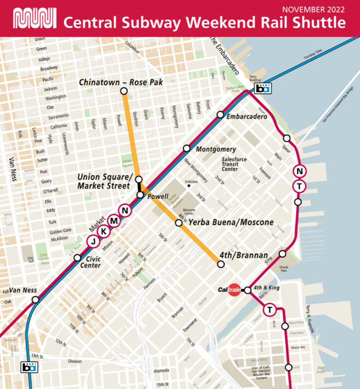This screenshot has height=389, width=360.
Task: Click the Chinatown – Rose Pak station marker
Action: (x=124, y=91)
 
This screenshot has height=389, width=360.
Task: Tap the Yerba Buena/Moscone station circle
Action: (x=179, y=222)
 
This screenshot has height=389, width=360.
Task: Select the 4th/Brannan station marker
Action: (x=220, y=264)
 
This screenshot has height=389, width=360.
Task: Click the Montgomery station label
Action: (x=216, y=149)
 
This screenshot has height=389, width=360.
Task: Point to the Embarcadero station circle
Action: (x=220, y=115)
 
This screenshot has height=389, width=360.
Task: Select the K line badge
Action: (x=104, y=231)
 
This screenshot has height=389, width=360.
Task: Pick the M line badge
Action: (x=114, y=220)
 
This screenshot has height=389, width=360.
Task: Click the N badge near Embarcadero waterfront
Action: (x=299, y=171)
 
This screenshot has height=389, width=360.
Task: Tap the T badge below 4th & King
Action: (x=269, y=310)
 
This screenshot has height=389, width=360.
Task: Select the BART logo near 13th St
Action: (x=29, y=367)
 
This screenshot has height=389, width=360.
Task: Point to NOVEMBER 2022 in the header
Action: (x=313, y=9)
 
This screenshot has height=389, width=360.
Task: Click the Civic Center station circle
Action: (x=77, y=258)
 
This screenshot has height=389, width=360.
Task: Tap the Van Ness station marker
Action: (x=35, y=299)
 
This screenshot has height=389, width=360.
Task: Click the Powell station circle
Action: (x=140, y=195)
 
